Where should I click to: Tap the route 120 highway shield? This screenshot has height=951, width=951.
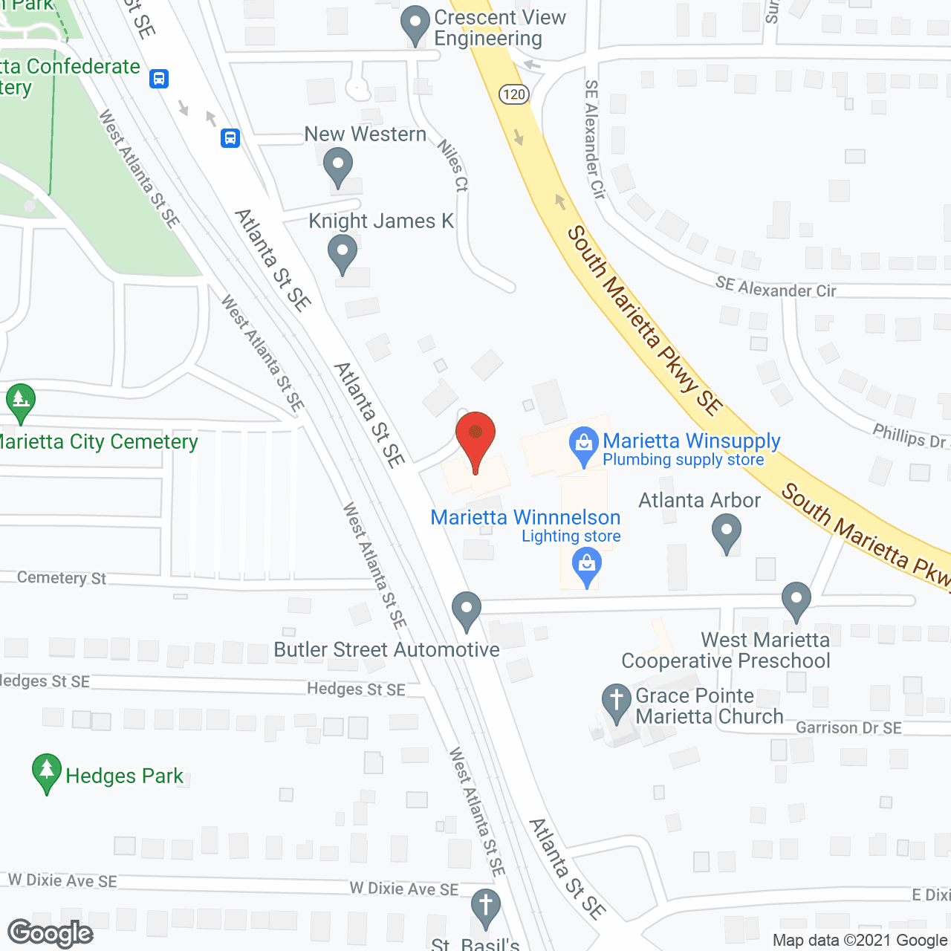click(x=513, y=94)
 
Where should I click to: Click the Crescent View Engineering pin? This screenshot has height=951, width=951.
click(x=415, y=25)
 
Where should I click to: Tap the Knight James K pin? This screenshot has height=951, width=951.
click(x=343, y=253)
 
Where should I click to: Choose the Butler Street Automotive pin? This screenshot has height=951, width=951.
click(x=467, y=610)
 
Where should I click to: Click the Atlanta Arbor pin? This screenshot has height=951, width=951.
click(x=727, y=533)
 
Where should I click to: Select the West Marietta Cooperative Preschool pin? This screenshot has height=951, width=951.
click(x=796, y=600)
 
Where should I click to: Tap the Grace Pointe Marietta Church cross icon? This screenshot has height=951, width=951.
click(x=616, y=702)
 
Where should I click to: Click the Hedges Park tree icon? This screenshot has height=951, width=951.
click(x=47, y=773)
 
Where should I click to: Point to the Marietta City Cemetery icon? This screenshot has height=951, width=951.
click(x=21, y=402)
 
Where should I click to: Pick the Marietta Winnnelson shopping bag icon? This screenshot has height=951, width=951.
click(x=587, y=566)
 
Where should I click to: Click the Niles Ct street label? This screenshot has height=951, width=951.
click(x=452, y=166)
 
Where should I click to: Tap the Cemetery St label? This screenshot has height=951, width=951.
click(x=62, y=578)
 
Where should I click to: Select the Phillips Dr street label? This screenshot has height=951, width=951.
click(x=909, y=436)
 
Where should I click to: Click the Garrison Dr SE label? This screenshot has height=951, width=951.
click(x=848, y=728)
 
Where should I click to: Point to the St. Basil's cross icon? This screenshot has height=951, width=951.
click(x=486, y=907)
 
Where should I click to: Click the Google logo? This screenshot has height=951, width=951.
click(x=51, y=933)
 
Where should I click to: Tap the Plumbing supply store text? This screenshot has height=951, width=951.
click(x=684, y=460)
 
